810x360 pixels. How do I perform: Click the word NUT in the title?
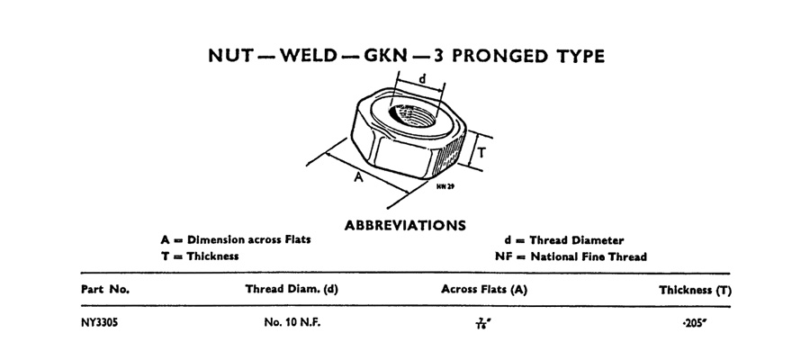[235, 56]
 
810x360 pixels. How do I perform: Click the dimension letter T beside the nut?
[481, 153]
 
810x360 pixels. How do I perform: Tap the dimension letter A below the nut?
[357, 178]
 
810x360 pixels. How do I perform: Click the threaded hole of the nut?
[415, 116]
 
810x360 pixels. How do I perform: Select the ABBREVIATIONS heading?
[405, 224]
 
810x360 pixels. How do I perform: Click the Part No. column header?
[105, 290]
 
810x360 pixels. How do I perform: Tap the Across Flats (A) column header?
[483, 290]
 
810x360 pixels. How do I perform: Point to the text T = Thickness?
[199, 256]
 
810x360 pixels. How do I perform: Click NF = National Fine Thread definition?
[571, 256]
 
